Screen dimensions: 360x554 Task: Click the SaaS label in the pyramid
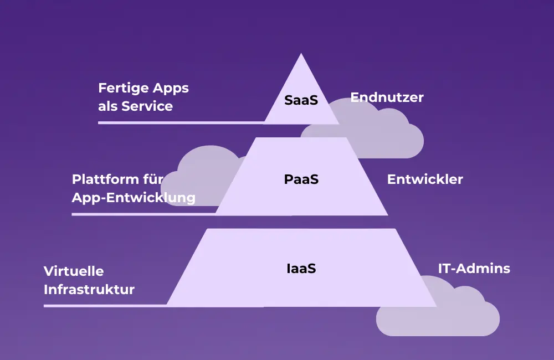pos(301,100)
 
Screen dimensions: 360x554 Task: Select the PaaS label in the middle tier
pos(301,179)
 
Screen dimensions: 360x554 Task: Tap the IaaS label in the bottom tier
pos(301,269)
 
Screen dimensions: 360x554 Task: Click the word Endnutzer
pos(387,97)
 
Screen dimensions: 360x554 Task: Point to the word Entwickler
pos(425,179)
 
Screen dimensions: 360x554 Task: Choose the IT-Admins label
pos(474,269)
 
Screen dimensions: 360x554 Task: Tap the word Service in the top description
pos(147,106)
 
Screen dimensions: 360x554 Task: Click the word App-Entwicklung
pos(134,197)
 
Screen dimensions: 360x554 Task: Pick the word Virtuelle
pos(74,271)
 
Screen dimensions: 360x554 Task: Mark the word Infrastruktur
pos(89,289)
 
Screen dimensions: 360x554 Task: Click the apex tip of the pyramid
pos(301,55)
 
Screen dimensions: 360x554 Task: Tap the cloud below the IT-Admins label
pos(438,316)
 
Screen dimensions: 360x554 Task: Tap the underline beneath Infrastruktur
pos(105,305)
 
